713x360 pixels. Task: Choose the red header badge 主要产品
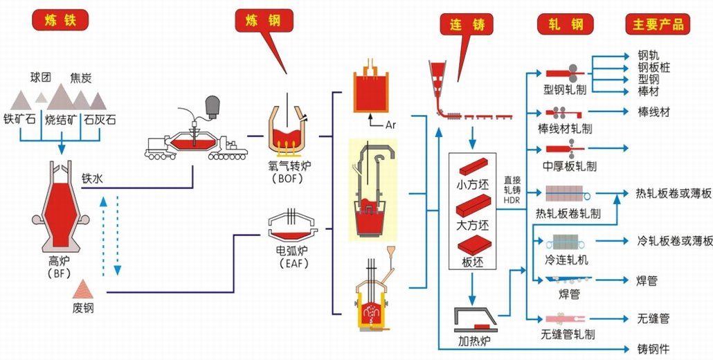(x=658, y=24)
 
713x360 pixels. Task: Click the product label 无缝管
(x=653, y=319)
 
